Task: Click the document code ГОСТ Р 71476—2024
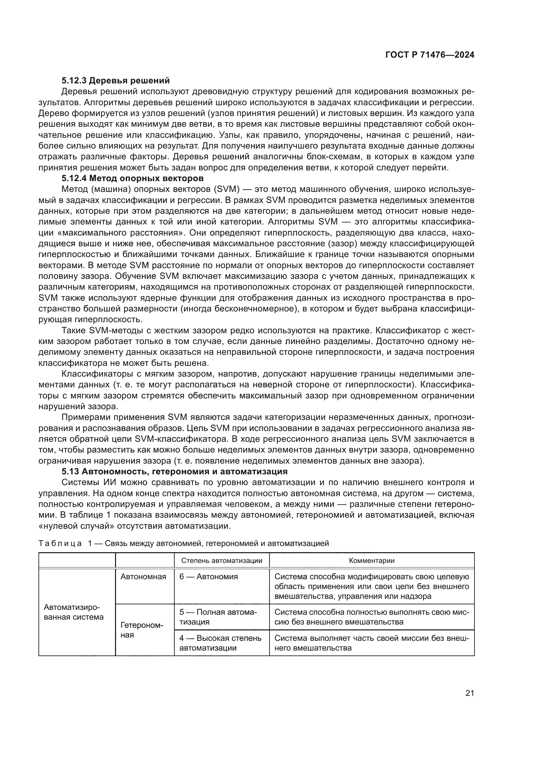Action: (430, 55)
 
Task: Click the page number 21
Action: (470, 693)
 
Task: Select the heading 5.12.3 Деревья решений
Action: (115, 80)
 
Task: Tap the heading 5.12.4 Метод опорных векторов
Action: (132, 178)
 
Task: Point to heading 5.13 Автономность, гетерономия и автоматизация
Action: (175, 471)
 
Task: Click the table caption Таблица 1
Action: (183, 543)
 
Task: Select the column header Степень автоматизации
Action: (222, 561)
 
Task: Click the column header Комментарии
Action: (372, 561)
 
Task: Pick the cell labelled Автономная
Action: (143, 577)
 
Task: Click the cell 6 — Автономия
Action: (209, 577)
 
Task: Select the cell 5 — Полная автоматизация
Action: (218, 617)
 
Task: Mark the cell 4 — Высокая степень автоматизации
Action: (220, 643)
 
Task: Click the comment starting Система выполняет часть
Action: (372, 643)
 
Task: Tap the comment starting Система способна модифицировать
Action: (372, 586)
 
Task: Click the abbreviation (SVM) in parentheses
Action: (226, 189)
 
